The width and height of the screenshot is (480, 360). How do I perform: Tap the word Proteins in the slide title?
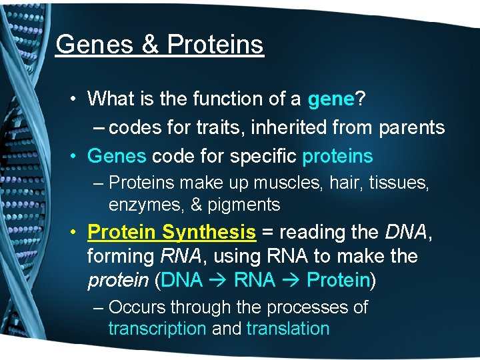215,45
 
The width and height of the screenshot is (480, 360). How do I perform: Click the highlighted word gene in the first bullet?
331,99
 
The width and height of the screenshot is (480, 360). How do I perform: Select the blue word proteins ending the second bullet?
337,156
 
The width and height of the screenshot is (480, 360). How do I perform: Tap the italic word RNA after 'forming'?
175,256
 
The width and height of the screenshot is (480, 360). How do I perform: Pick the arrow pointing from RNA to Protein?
291,281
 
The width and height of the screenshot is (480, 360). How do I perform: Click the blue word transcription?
157,329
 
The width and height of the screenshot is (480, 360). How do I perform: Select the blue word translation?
288,329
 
